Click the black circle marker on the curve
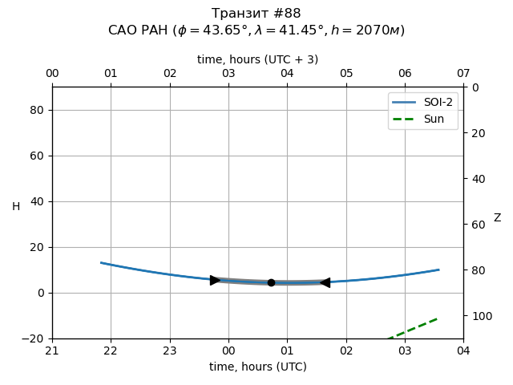click(271, 282)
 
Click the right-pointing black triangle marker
click(215, 280)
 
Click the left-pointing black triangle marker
click(325, 282)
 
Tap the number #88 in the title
click(286, 14)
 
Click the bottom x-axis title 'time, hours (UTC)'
click(257, 367)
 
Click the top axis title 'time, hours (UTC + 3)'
click(257, 59)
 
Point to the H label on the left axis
click(16, 207)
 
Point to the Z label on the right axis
click(497, 218)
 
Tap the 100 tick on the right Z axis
click(479, 316)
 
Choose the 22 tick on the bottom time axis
click(111, 351)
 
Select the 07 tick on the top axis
click(463, 74)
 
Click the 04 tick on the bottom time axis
click(463, 351)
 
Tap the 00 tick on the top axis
click(52, 74)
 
